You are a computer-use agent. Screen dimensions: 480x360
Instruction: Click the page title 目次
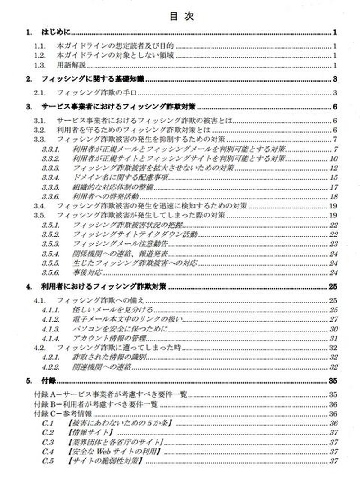(182, 16)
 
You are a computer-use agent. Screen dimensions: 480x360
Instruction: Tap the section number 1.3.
(41, 66)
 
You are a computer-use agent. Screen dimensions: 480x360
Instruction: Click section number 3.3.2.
(51, 158)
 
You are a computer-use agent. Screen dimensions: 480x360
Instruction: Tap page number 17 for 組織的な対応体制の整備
(333, 187)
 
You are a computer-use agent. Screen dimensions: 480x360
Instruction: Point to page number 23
(333, 244)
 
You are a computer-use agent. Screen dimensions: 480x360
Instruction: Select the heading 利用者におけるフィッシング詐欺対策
(103, 286)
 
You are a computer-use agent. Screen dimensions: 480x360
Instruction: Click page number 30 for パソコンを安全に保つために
(333, 329)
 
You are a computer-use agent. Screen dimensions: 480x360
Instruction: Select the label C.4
(48, 451)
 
